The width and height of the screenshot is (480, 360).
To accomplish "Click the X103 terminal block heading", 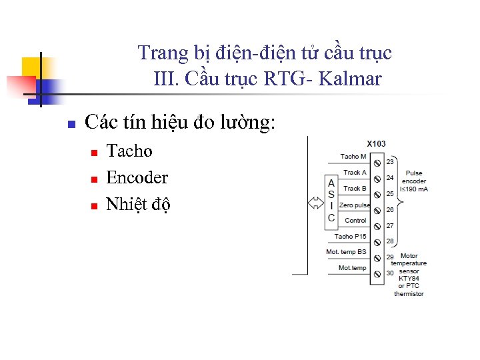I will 376,144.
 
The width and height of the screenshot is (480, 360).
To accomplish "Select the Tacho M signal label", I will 353,157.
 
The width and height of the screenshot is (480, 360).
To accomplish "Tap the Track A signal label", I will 355,173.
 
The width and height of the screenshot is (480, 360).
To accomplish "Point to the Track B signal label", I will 355,189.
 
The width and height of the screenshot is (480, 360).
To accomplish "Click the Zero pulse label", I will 355,205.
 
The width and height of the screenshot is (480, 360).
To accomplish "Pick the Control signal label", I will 355,221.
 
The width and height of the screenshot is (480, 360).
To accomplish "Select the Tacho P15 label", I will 350,237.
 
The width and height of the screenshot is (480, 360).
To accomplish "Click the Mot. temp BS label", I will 346,252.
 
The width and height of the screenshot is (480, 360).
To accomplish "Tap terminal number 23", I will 390,162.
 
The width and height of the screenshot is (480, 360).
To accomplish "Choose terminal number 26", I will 390,210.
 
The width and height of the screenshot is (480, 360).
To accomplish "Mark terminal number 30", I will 390,273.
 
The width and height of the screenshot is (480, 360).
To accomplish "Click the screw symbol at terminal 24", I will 377,179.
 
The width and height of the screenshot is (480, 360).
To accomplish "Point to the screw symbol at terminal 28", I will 377,242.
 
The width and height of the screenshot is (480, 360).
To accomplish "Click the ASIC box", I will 331,201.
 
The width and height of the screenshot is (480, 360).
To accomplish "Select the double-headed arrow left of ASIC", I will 314,201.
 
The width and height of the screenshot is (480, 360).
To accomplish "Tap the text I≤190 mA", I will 413,189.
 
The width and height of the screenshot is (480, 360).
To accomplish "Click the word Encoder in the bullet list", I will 137,178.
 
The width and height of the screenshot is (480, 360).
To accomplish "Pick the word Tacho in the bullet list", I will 129,151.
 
